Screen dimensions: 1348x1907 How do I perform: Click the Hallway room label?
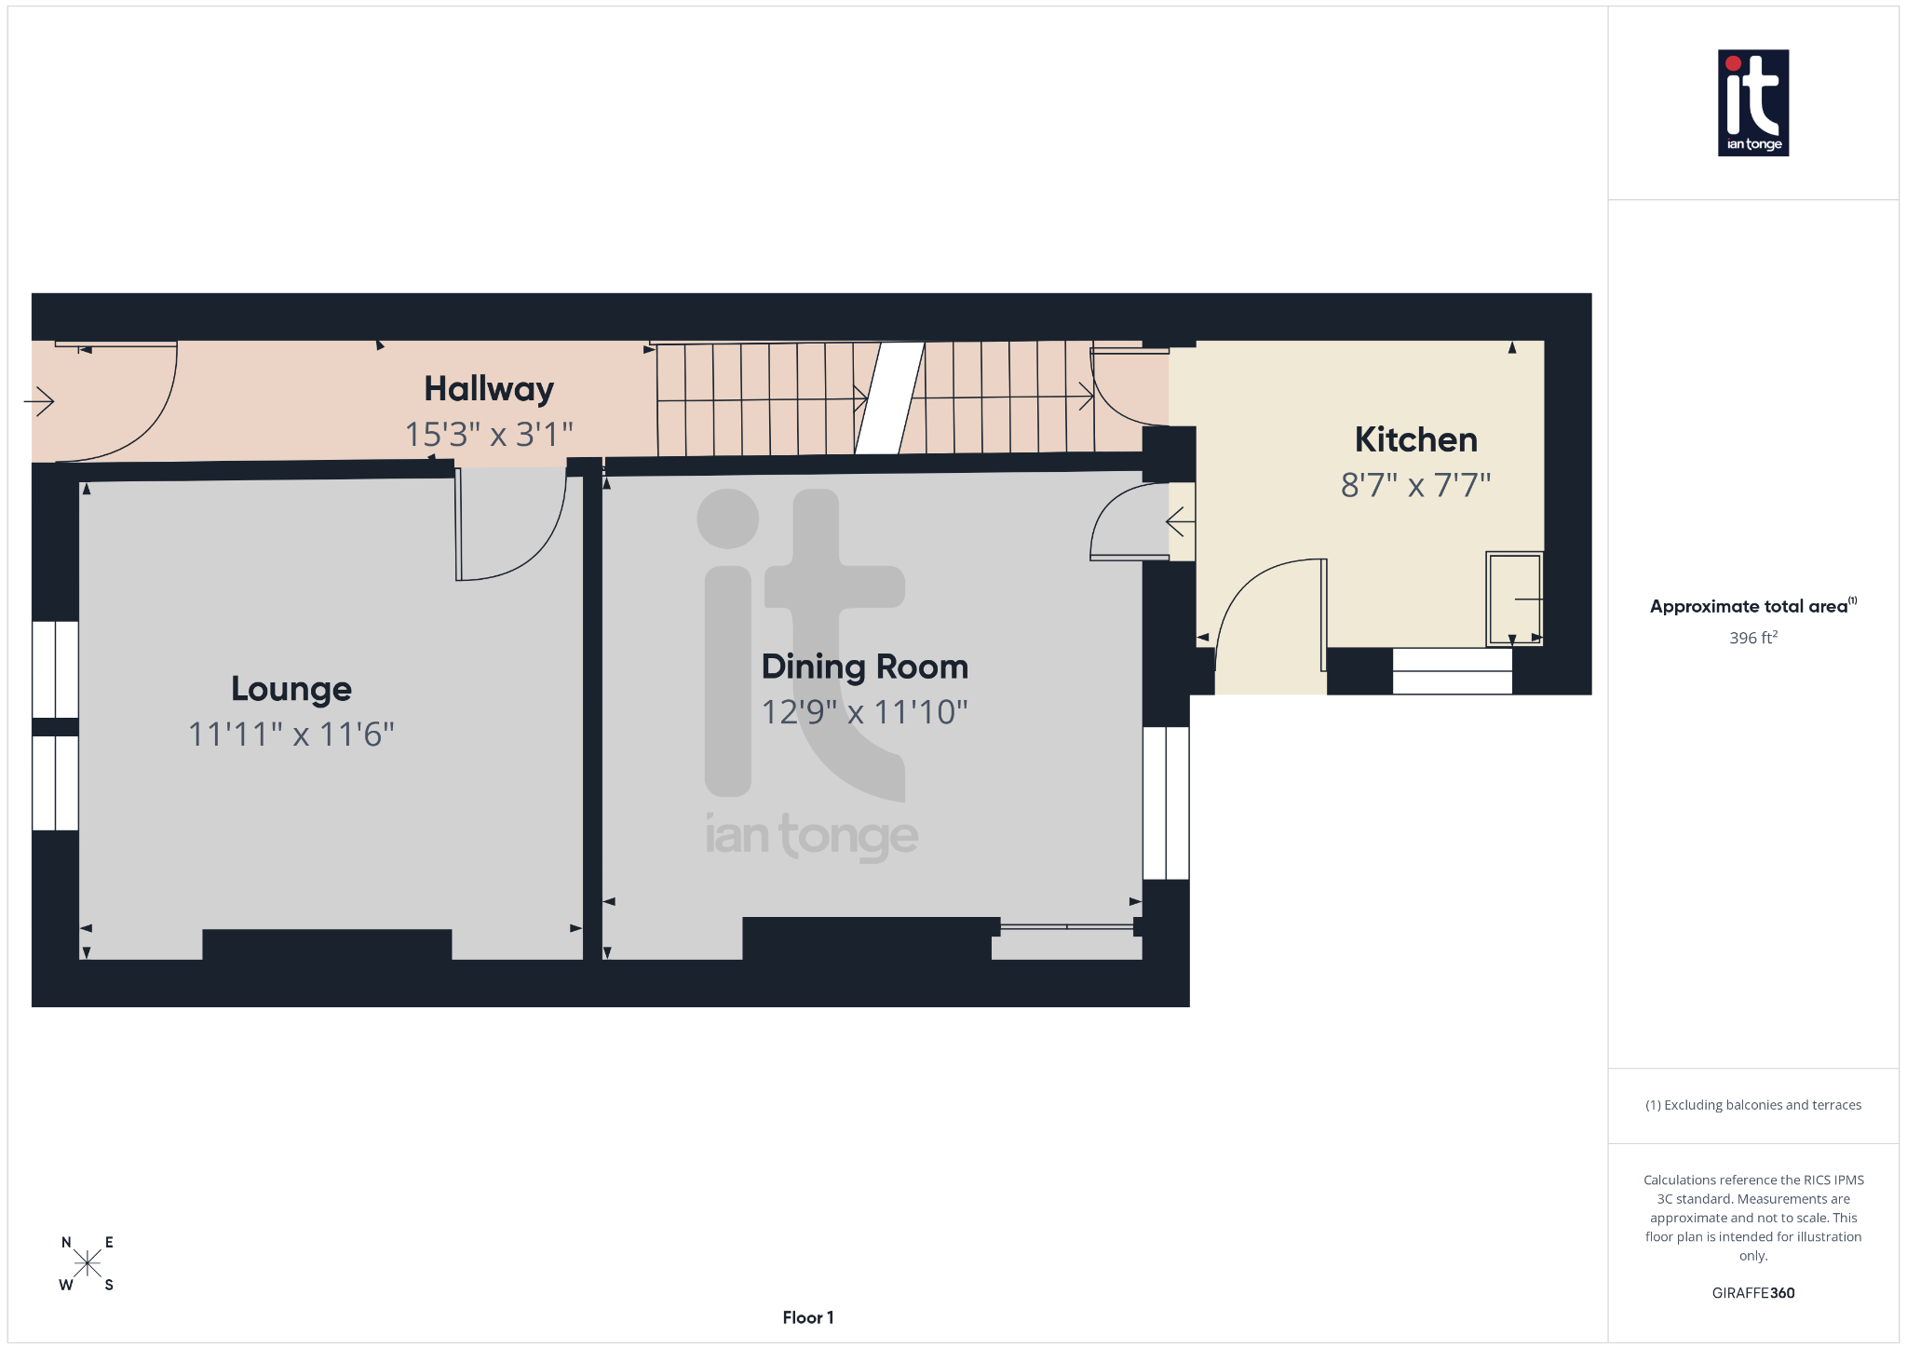click(489, 389)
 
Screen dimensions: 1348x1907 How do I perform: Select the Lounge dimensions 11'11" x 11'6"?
click(291, 735)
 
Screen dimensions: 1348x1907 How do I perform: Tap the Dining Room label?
click(865, 667)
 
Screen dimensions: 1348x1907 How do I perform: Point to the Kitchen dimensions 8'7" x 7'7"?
click(1415, 485)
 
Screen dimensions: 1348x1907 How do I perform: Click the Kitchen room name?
click(1415, 439)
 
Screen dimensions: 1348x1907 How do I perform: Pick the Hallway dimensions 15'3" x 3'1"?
click(489, 434)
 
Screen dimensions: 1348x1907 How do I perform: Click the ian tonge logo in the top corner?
click(1752, 102)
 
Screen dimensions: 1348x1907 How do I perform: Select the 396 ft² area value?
click(1752, 638)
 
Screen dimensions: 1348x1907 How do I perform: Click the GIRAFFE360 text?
click(1752, 1292)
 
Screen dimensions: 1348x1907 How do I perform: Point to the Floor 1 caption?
click(807, 1317)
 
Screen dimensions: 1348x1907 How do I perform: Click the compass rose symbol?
click(88, 1263)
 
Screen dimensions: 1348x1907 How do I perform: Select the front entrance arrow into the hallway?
click(39, 401)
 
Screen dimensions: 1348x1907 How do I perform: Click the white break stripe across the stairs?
click(889, 398)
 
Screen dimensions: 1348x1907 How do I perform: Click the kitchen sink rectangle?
click(1514, 599)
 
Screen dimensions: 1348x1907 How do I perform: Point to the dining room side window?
click(1166, 802)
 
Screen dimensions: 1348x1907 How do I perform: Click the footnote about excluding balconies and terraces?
click(1752, 1105)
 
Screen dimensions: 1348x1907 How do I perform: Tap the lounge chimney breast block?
click(327, 944)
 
